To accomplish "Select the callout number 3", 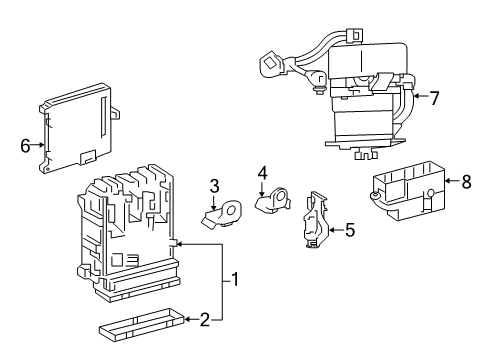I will click(x=213, y=185).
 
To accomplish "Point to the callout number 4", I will click(x=262, y=173).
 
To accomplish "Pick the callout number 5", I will click(x=349, y=230).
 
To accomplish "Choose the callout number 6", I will click(x=25, y=145).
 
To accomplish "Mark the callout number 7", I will click(x=434, y=98).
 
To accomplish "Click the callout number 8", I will click(x=465, y=181).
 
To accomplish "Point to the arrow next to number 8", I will click(x=450, y=181).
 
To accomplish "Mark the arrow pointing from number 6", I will click(x=40, y=145).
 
